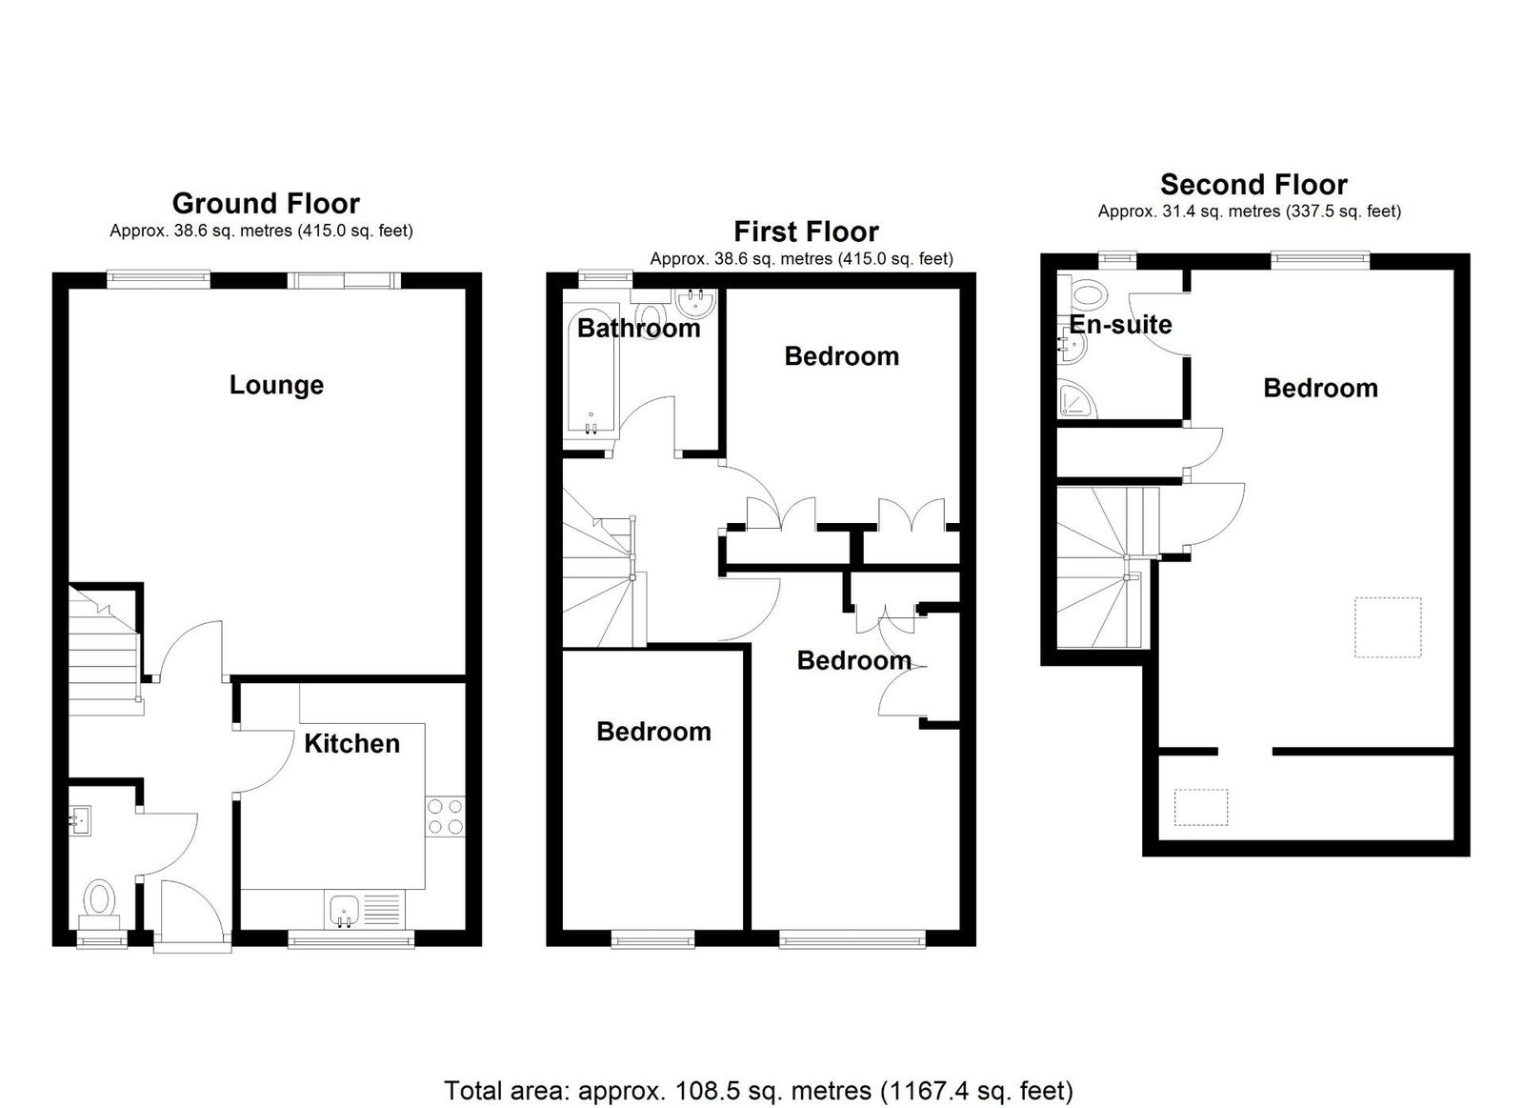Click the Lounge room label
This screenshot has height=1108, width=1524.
[276, 385]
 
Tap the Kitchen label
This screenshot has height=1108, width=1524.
[351, 744]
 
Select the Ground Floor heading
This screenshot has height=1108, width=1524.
[266, 204]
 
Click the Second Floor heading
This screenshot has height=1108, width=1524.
[1253, 185]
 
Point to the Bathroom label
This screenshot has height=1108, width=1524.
[639, 329]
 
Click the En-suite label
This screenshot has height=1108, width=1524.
[1120, 325]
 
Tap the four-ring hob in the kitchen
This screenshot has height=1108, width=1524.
[446, 816]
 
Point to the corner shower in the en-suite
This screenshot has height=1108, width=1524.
[1077, 399]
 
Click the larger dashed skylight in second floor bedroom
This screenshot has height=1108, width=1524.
[1388, 628]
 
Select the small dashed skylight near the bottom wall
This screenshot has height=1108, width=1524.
[1201, 807]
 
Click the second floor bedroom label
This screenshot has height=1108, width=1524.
[1320, 389]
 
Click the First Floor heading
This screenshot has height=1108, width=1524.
[806, 232]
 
